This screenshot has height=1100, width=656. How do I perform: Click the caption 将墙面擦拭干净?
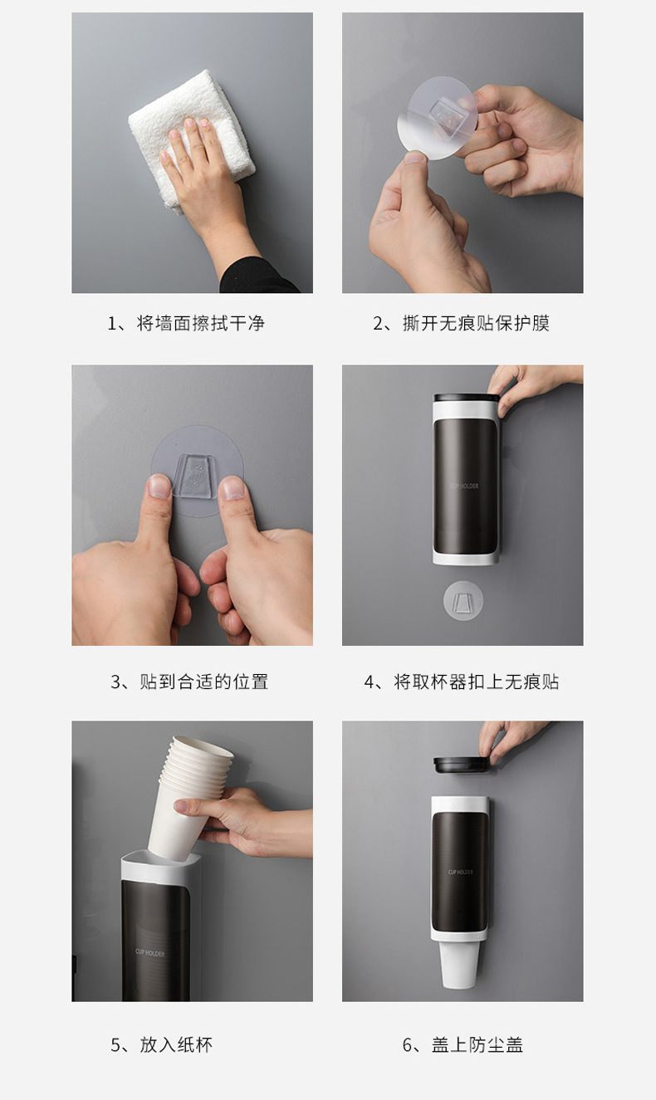coord(200,323)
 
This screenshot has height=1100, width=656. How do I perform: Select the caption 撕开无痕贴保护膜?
coord(476,323)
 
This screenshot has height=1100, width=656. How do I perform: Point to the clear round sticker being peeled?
coord(436,118)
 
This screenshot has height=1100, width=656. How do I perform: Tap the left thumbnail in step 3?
coord(159,486)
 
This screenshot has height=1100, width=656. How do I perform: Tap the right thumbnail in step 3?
coord(233,488)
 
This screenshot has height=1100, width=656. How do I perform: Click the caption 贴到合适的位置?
coord(203,682)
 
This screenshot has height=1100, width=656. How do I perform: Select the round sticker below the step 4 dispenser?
coord(463,600)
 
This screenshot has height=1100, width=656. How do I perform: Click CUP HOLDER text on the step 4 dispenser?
coord(464,486)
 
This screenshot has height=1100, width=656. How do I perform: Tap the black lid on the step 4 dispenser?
coord(467,398)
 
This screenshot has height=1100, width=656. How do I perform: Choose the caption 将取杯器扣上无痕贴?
coord(477,682)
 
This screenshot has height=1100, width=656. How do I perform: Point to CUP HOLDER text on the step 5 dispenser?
coord(149,953)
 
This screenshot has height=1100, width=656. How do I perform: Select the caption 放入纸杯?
coord(176,1044)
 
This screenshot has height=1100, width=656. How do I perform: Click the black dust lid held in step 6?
coord(462,765)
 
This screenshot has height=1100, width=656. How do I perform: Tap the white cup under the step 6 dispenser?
coord(458,964)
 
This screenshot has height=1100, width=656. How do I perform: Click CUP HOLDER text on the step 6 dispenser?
coord(461,872)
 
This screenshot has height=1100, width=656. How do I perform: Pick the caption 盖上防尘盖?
coord(477,1044)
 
